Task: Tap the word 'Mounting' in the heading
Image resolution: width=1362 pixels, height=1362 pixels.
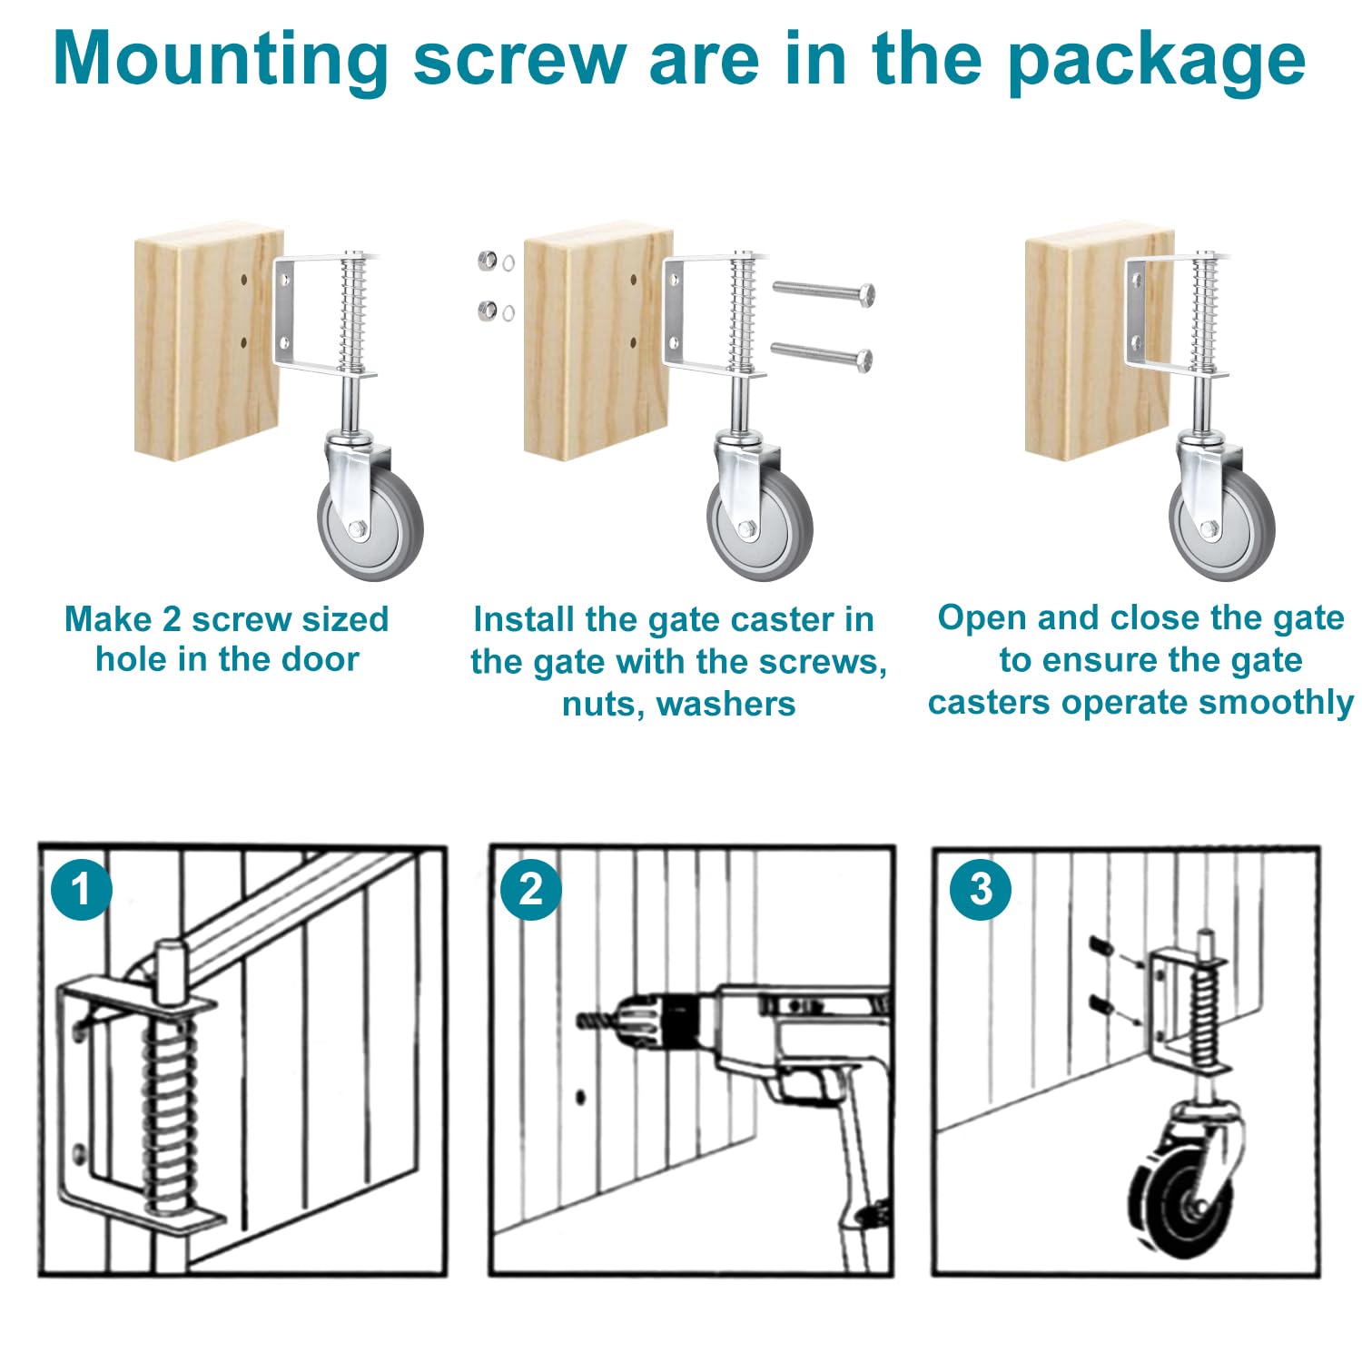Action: [221, 60]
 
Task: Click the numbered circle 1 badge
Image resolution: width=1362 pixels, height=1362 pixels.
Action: [82, 889]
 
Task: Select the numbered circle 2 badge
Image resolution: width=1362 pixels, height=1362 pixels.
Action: [530, 889]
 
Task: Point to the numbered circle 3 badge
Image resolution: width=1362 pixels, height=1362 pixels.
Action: [981, 889]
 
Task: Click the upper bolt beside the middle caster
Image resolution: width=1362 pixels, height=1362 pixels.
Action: [823, 292]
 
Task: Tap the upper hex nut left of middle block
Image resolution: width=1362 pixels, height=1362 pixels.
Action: [488, 262]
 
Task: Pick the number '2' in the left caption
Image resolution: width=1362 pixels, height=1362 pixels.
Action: [172, 619]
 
